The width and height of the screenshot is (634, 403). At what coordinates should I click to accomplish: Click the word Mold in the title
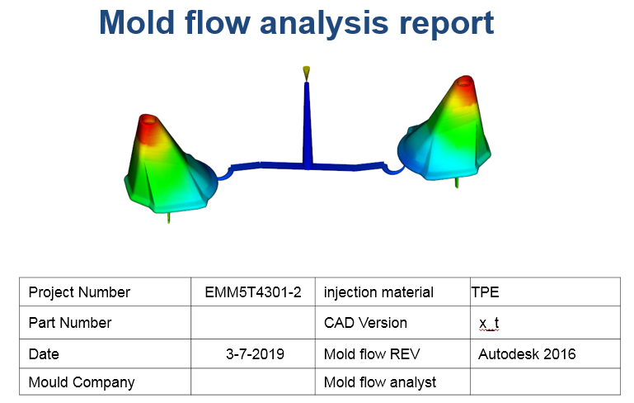(x=137, y=22)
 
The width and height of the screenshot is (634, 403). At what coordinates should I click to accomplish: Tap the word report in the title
(x=446, y=24)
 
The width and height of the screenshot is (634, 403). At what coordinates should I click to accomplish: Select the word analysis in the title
(x=324, y=24)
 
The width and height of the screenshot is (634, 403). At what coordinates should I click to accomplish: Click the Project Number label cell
(x=79, y=292)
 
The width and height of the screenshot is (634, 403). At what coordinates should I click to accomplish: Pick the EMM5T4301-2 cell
(x=253, y=292)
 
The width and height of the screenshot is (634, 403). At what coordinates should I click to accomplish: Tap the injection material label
(x=378, y=292)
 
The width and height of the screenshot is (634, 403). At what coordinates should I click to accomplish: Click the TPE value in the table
(x=486, y=292)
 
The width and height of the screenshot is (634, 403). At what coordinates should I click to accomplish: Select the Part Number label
(x=70, y=323)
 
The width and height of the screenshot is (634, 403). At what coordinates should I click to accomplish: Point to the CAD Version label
(x=365, y=323)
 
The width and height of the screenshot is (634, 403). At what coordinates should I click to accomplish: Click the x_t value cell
(x=489, y=323)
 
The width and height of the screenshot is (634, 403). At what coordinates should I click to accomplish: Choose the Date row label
(x=44, y=354)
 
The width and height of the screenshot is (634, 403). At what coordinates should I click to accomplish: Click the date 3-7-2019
(x=255, y=354)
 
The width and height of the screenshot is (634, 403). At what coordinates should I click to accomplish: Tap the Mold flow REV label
(x=372, y=354)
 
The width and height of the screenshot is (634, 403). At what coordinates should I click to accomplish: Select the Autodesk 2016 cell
(x=527, y=354)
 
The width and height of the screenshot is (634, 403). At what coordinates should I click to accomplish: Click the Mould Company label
(x=82, y=382)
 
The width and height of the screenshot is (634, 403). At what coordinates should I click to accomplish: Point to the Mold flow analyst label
(x=380, y=382)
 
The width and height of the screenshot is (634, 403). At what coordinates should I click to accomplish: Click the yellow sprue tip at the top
(x=307, y=73)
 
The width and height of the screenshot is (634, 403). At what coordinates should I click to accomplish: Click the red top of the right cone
(x=463, y=87)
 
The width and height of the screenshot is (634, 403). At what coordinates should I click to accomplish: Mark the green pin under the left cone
(x=169, y=217)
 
